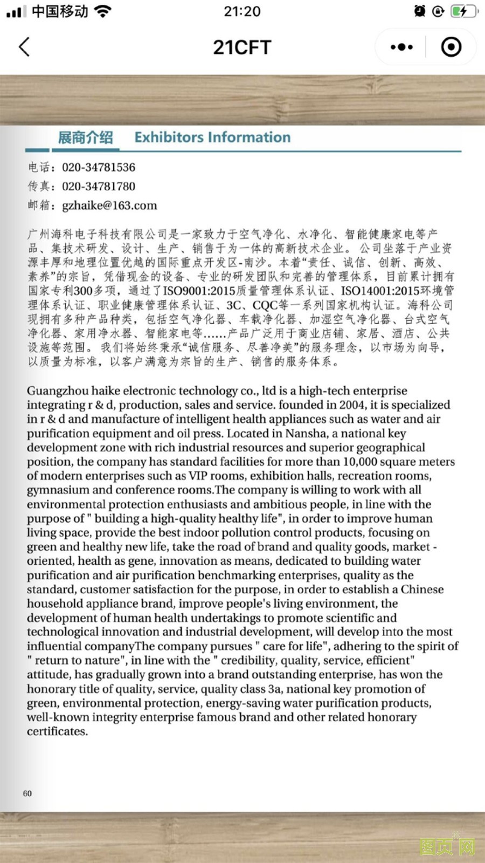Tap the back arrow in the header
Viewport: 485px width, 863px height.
(24, 47)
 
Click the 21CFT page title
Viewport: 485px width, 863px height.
(242, 47)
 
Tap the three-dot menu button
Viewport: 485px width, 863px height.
(401, 47)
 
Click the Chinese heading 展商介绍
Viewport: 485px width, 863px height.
(85, 138)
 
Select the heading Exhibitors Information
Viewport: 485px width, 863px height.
(212, 138)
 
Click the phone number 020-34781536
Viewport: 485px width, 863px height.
(99, 167)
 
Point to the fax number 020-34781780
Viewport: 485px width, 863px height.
(99, 187)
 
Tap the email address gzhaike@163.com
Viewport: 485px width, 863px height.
(109, 206)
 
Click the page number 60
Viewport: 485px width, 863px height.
(27, 793)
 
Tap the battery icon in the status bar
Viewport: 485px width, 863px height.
(463, 11)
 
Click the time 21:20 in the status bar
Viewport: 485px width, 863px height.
(242, 11)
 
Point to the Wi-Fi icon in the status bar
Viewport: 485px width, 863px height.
(102, 11)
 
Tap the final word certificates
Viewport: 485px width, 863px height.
(57, 731)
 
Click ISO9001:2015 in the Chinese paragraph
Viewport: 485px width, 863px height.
(199, 291)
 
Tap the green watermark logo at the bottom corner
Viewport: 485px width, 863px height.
(447, 846)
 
